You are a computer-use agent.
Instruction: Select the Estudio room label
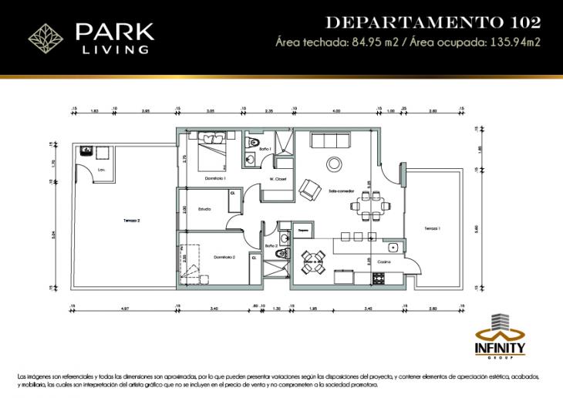pyautogui.click(x=204, y=208)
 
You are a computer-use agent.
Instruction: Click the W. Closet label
pyautogui.click(x=278, y=179)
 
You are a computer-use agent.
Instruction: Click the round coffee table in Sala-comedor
pyautogui.click(x=335, y=164)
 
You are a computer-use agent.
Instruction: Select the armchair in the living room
pyautogui.click(x=310, y=189)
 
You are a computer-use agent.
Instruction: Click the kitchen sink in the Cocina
pyautogui.click(x=394, y=248)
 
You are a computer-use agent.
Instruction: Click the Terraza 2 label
pyautogui.click(x=131, y=221)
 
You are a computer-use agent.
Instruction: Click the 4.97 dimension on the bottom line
pyautogui.click(x=124, y=309)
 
